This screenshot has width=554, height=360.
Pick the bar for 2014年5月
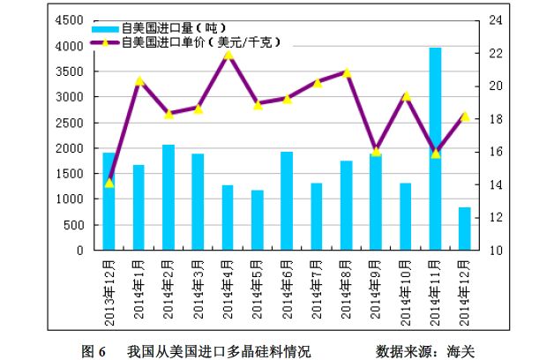click(x=257, y=220)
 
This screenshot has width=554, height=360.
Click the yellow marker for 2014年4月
click(x=228, y=55)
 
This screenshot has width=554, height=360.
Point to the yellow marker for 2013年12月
click(x=109, y=183)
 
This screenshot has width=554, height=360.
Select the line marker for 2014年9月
click(x=376, y=151)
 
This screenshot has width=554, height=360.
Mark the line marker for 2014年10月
click(x=406, y=95)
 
